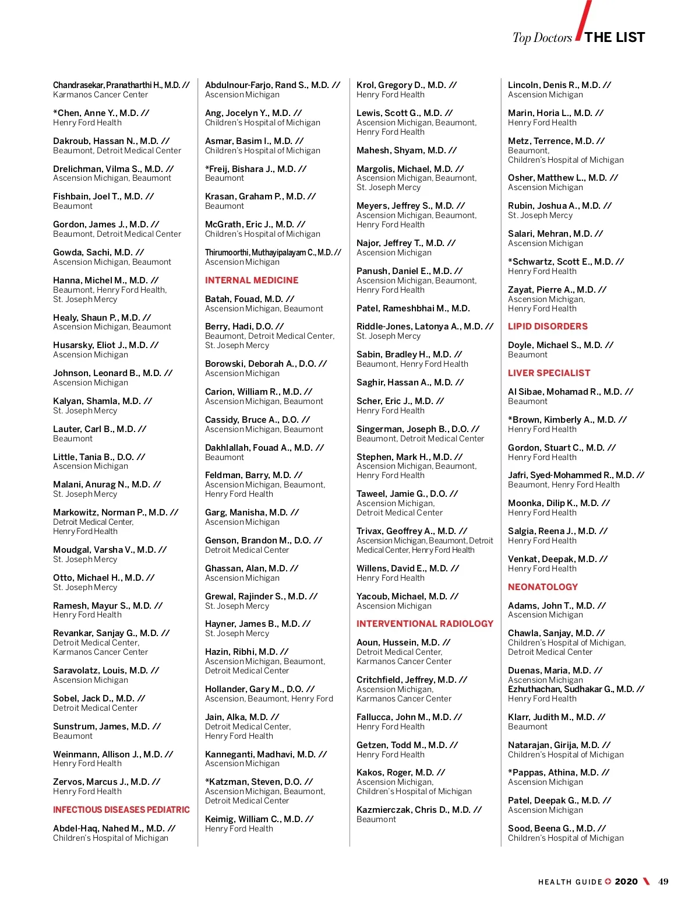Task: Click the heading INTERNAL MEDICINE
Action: (252, 280)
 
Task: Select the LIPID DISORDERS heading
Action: (548, 327)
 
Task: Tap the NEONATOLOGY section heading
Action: (543, 587)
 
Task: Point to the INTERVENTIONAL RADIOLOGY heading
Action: (425, 624)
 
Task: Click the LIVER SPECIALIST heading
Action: (549, 373)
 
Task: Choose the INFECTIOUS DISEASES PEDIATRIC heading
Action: (121, 810)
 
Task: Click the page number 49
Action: (663, 882)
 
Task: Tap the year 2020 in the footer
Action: (626, 882)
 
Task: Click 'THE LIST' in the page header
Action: (615, 38)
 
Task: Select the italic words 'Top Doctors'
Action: (542, 38)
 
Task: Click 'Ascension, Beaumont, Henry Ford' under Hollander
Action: (269, 699)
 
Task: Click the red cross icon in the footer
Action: (608, 882)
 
